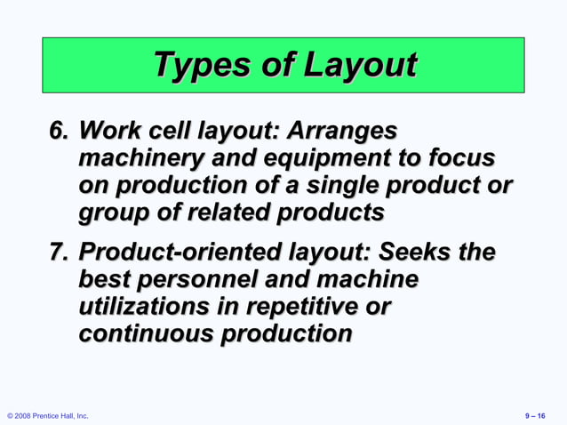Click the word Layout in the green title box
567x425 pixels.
(360, 66)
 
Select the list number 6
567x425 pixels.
(59, 132)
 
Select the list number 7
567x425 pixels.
(59, 253)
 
